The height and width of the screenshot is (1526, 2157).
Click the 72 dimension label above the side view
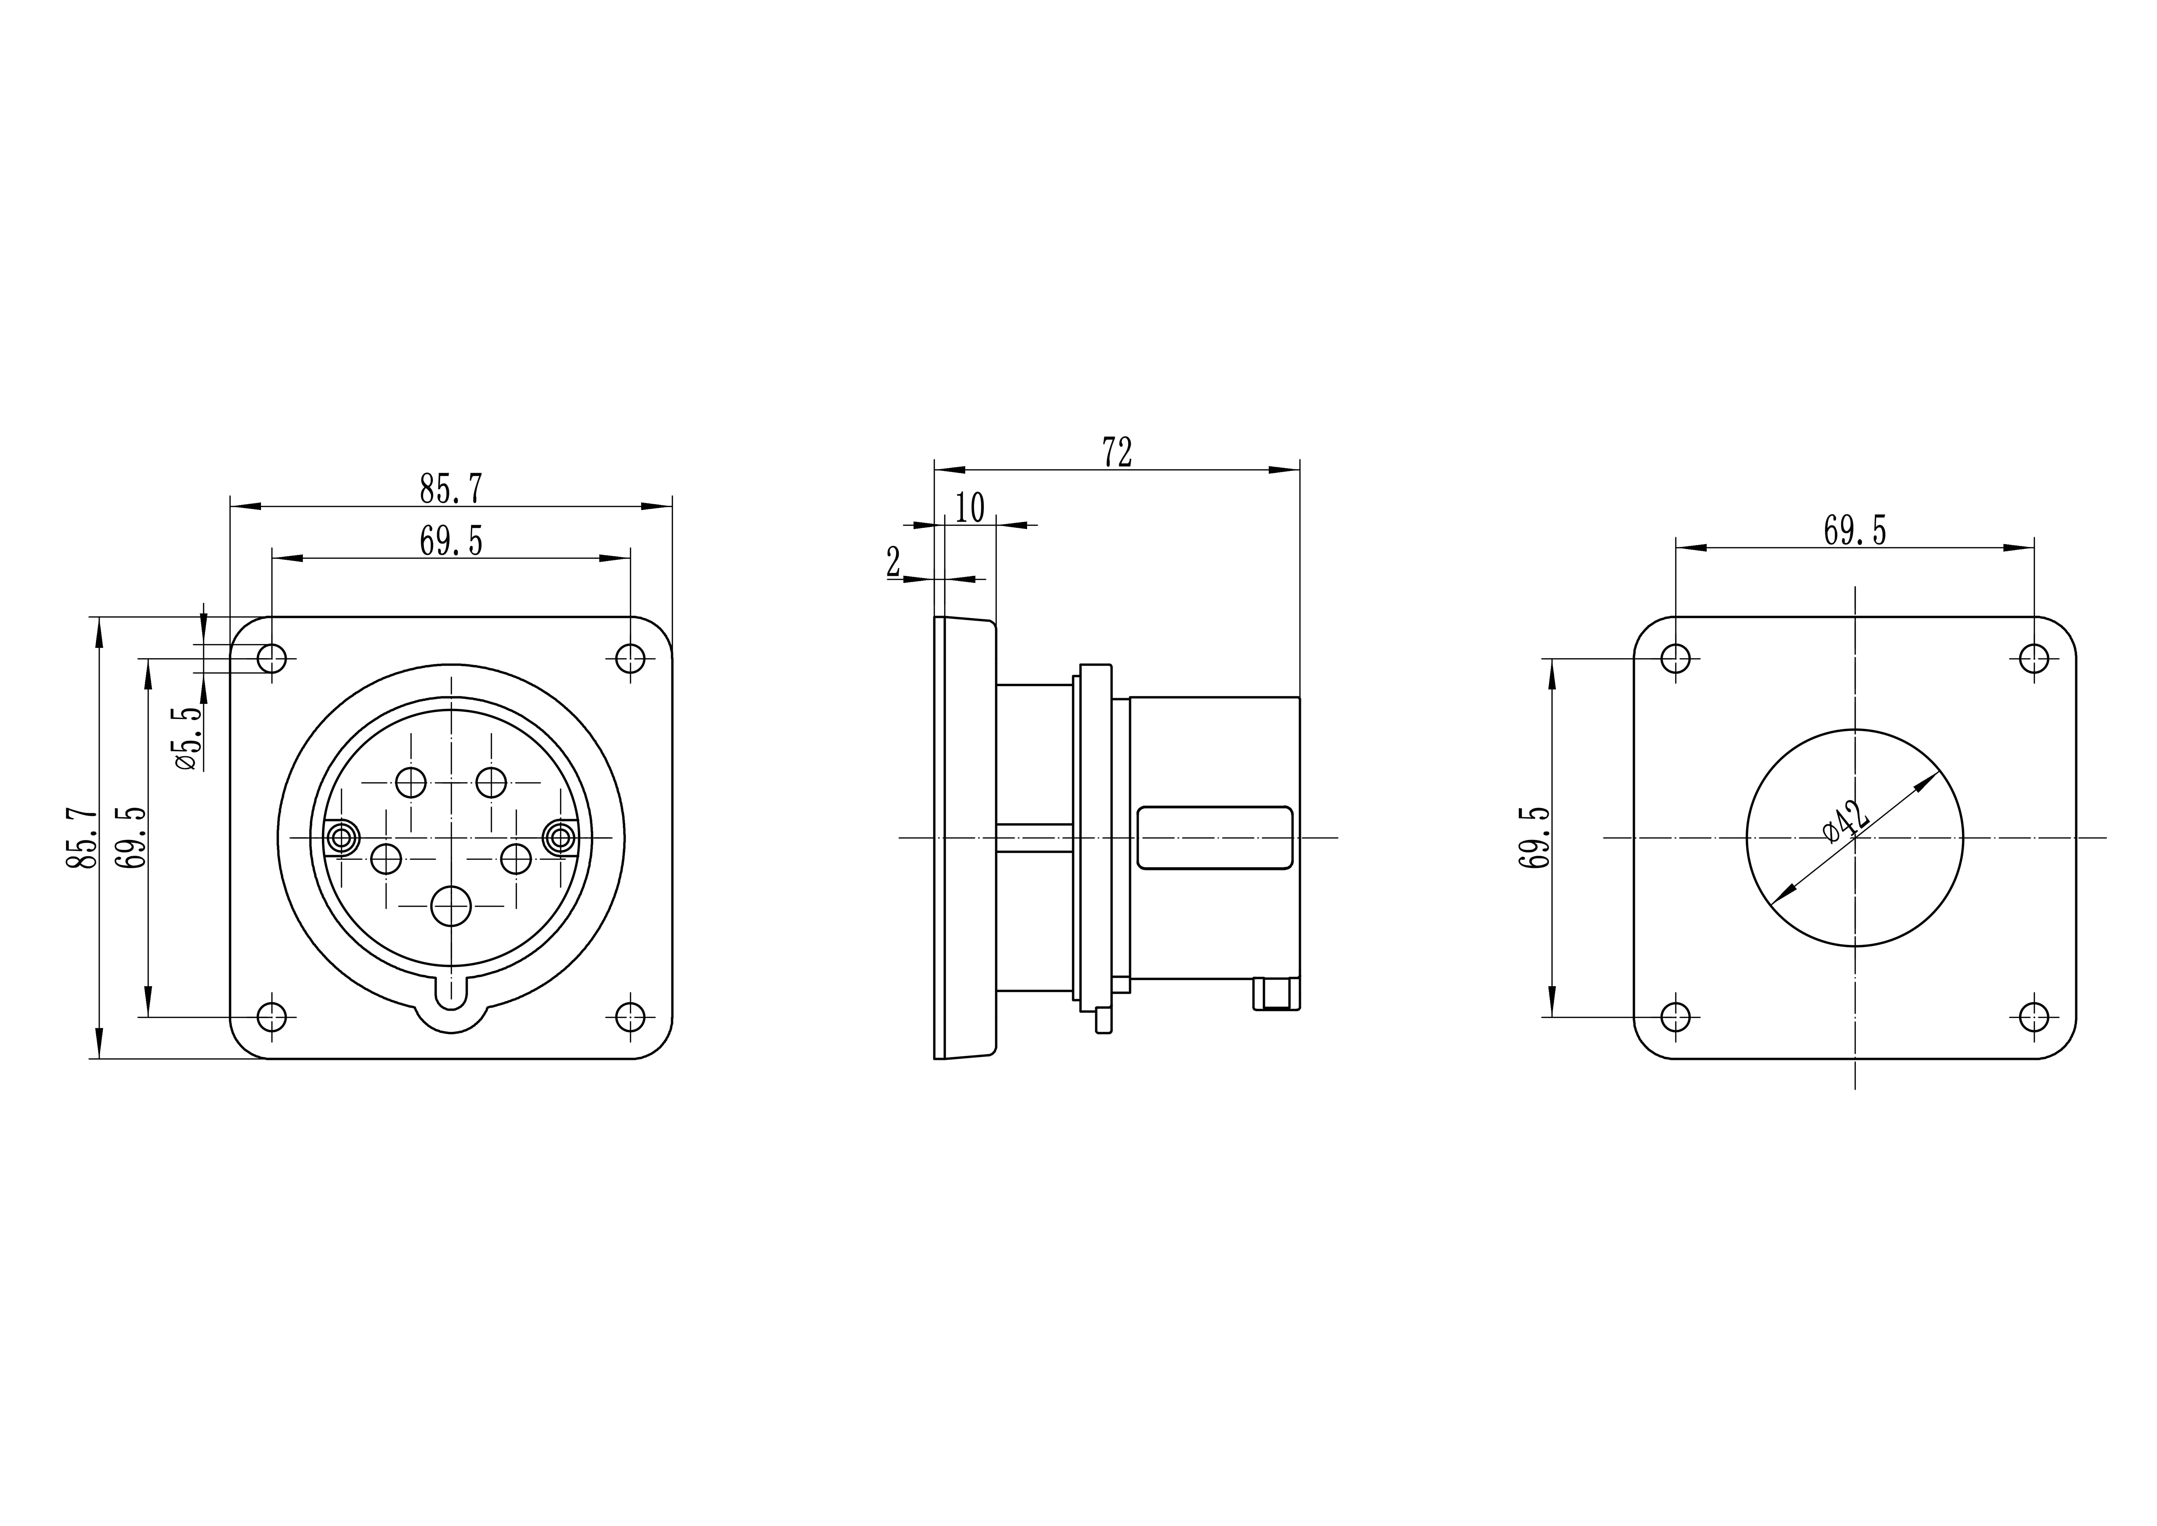pyautogui.click(x=1117, y=452)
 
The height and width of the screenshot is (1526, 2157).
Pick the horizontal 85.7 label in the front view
pyautogui.click(x=451, y=489)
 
